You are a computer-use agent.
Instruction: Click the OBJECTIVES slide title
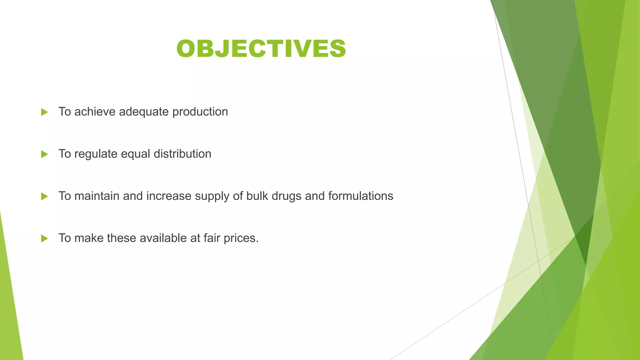(x=261, y=49)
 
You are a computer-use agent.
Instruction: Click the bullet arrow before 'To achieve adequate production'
(x=44, y=112)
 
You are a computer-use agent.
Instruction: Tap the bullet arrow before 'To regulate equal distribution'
(x=44, y=154)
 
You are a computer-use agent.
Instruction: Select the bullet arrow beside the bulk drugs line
(x=44, y=197)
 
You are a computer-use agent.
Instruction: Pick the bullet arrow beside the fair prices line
(x=44, y=239)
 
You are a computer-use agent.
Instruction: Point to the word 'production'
(x=200, y=112)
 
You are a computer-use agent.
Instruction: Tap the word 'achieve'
(x=95, y=112)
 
